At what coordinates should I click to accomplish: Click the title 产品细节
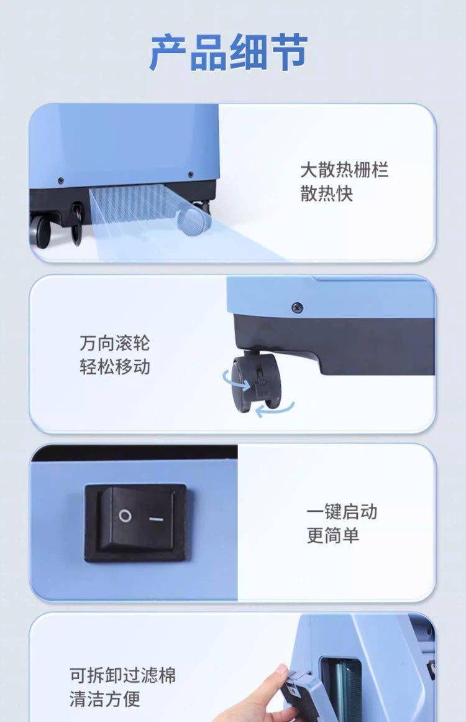point(229,52)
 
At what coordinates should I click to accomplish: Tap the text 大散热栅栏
point(345,170)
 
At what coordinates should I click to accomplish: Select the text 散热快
point(327,193)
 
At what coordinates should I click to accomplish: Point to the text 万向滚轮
point(115,343)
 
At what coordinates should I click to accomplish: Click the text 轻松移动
point(115,367)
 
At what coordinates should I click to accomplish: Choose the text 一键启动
point(342,512)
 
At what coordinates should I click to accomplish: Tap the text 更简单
point(333,535)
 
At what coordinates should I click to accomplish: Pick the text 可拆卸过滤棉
point(123,675)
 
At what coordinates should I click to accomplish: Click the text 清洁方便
point(105,699)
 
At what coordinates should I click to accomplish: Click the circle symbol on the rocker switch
point(125,516)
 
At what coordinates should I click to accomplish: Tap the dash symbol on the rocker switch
point(157,519)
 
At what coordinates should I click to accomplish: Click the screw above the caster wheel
point(297,306)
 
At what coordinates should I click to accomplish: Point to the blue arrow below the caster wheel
point(275,409)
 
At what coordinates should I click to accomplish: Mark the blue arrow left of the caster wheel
point(236,379)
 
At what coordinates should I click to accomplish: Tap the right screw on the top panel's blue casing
point(191,175)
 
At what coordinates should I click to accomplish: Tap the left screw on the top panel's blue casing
point(60,180)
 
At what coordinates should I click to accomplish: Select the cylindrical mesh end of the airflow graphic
point(194,220)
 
